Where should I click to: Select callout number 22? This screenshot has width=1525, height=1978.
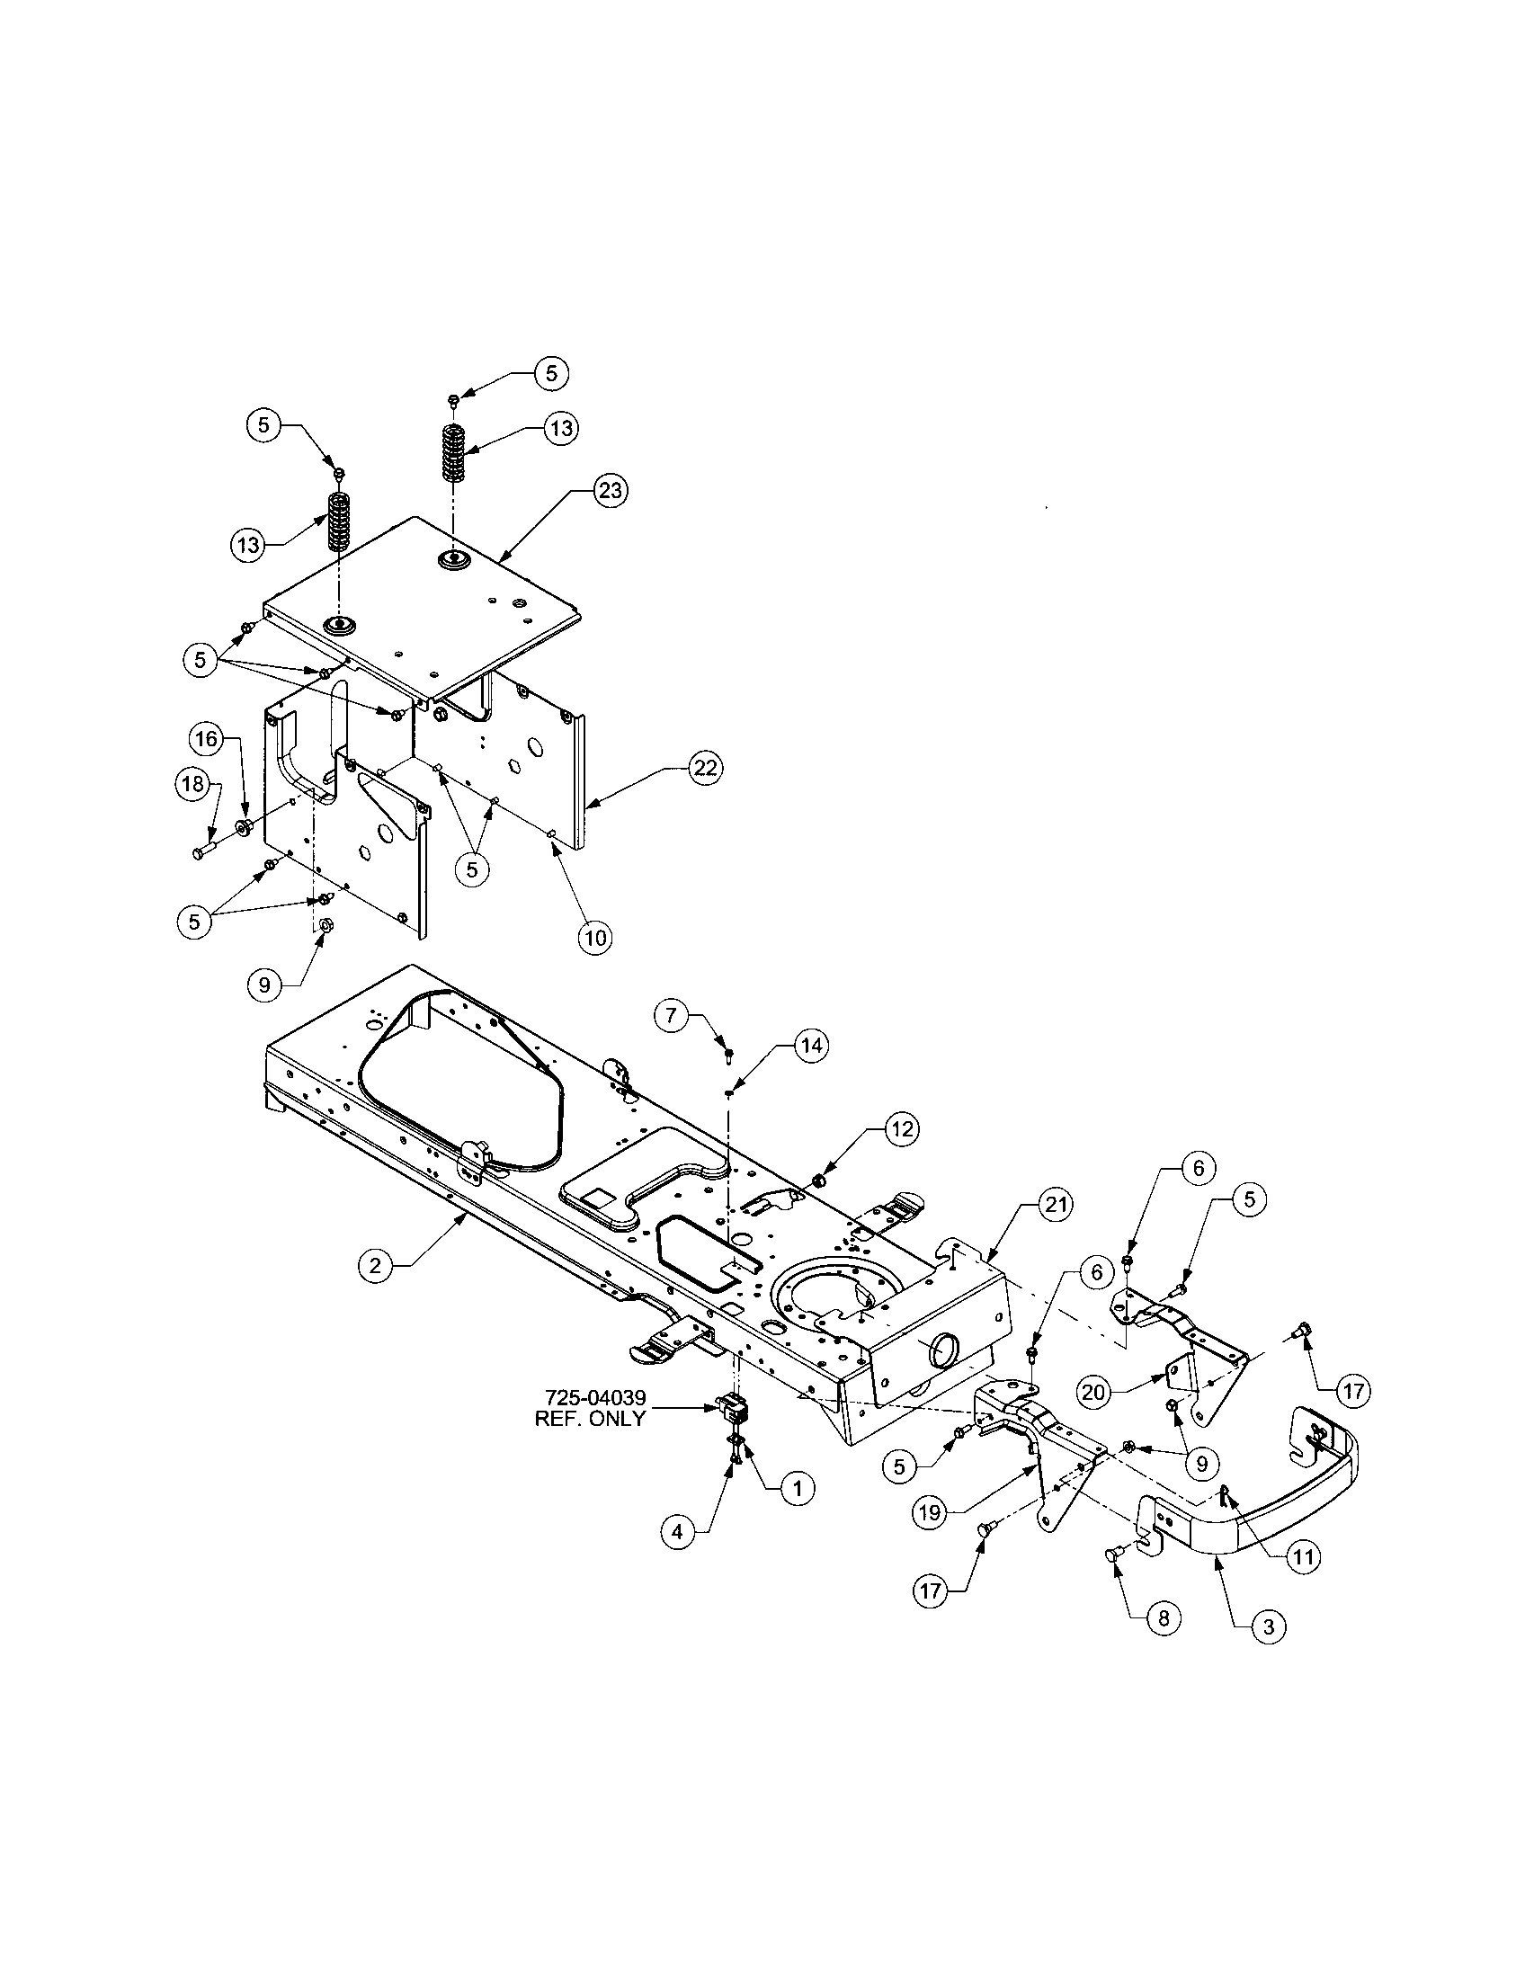[x=705, y=768]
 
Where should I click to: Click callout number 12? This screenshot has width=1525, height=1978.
[x=900, y=1128]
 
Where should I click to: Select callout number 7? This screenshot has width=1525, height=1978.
[x=671, y=1015]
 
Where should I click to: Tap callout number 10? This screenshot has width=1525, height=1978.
[x=595, y=938]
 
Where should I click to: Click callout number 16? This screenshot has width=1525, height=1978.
[x=207, y=739]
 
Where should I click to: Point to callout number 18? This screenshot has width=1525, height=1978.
[x=193, y=783]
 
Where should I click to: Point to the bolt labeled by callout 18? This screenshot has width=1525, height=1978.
[x=202, y=851]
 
